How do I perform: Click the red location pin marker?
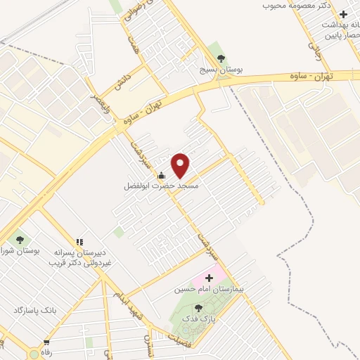(181, 166)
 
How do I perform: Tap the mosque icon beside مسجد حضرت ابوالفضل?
(162, 176)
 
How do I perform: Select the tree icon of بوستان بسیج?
(221, 58)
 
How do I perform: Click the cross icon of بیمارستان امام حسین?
(208, 278)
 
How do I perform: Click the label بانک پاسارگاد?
(34, 310)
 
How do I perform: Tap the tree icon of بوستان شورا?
(18, 240)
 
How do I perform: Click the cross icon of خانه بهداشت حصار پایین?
(343, 14)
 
